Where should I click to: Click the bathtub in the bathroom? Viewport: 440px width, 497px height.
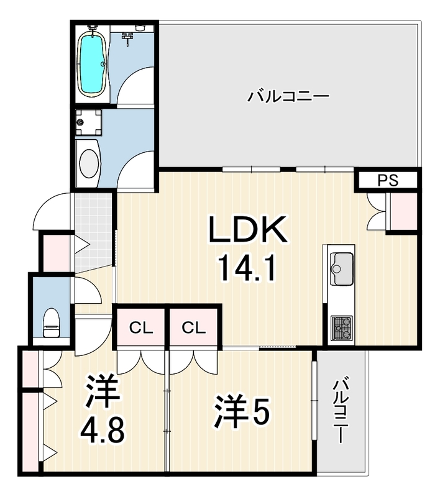click(92, 64)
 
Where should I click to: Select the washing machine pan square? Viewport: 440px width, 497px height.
click(89, 122)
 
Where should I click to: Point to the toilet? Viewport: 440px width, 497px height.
click(51, 322)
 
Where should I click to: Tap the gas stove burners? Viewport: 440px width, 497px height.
click(341, 328)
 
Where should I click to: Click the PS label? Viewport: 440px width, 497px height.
click(388, 180)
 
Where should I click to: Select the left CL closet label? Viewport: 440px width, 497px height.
click(141, 328)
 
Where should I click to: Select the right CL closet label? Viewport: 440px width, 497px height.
click(194, 328)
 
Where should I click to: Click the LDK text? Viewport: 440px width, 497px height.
click(247, 229)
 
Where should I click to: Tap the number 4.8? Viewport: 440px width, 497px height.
click(102, 431)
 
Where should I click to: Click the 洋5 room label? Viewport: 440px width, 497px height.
click(242, 411)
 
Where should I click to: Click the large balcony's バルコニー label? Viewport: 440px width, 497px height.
click(288, 96)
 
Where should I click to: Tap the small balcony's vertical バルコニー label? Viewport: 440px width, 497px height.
click(339, 409)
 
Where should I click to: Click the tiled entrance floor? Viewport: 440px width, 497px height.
click(94, 232)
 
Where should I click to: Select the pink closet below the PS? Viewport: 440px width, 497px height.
click(403, 211)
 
